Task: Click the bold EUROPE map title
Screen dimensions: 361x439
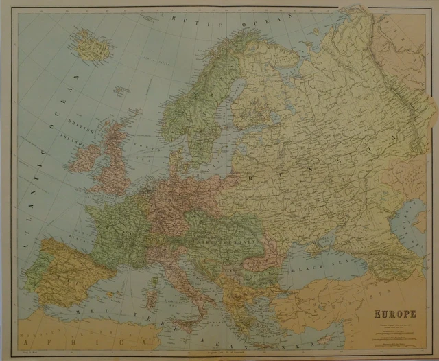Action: click(396, 315)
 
